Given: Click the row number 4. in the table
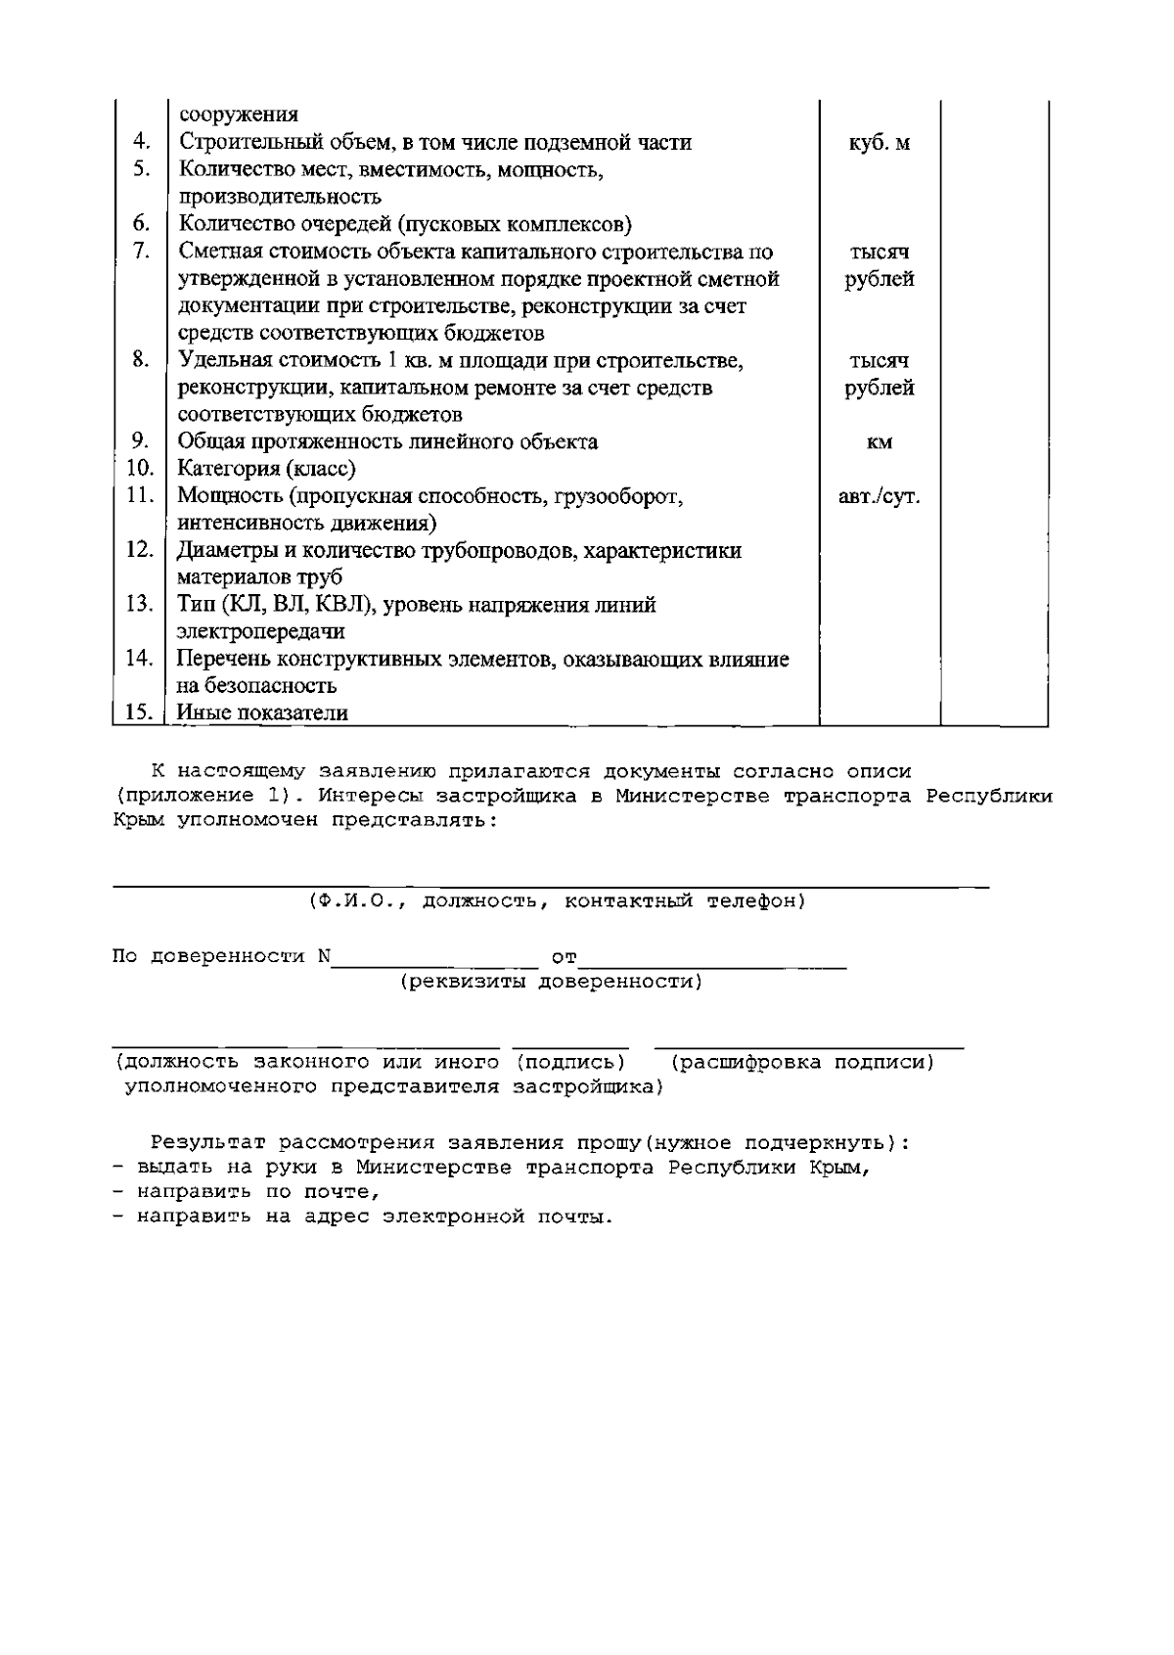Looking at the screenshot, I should click(141, 143).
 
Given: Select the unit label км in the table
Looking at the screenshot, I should click(879, 443).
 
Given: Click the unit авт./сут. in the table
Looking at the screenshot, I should click(879, 497).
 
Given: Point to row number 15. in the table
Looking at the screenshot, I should click(140, 713).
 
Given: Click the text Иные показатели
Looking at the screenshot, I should click(262, 713).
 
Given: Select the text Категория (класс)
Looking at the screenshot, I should click(266, 469).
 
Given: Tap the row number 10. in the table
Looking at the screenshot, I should click(140, 469).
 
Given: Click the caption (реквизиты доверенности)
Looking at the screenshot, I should click(552, 982).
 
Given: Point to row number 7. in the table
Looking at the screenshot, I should click(141, 253).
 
